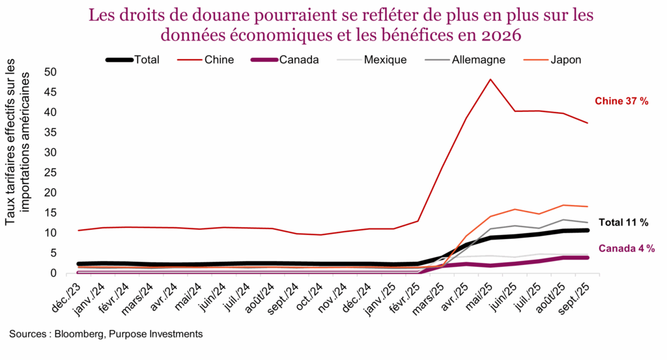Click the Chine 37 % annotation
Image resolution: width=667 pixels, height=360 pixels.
pos(621,101)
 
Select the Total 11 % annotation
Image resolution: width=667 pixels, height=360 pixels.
pos(623,223)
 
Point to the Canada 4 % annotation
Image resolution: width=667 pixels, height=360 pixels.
pos(626,248)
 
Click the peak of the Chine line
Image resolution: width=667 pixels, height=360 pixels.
pos(490,79)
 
